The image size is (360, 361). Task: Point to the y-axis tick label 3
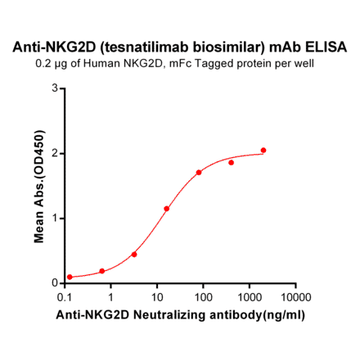pyautogui.click(x=55, y=88)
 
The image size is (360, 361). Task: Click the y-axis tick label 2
pyautogui.click(x=55, y=153)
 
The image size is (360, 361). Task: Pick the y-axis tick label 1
pyautogui.click(x=55, y=218)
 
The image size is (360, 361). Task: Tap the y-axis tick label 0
pyautogui.click(x=55, y=283)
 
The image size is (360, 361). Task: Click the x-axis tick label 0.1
pyautogui.click(x=65, y=296)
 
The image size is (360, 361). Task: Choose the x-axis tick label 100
pyautogui.click(x=203, y=296)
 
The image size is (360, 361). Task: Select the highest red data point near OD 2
pyautogui.click(x=263, y=151)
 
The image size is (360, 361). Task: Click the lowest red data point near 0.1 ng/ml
pyautogui.click(x=70, y=277)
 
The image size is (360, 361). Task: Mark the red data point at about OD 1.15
pyautogui.click(x=167, y=209)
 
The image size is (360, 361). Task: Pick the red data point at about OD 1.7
pyautogui.click(x=199, y=173)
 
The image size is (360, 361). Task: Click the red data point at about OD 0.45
pyautogui.click(x=134, y=255)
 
